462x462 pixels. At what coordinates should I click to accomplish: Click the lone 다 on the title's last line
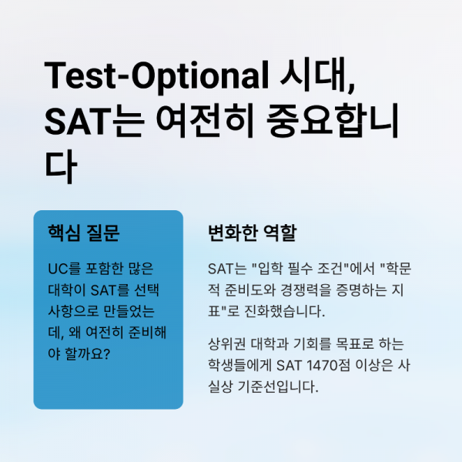click(61, 166)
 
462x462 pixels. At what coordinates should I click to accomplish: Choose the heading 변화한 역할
click(252, 232)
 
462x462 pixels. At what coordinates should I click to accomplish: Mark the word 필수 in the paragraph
click(303, 269)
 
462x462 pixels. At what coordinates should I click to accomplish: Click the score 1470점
click(323, 364)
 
